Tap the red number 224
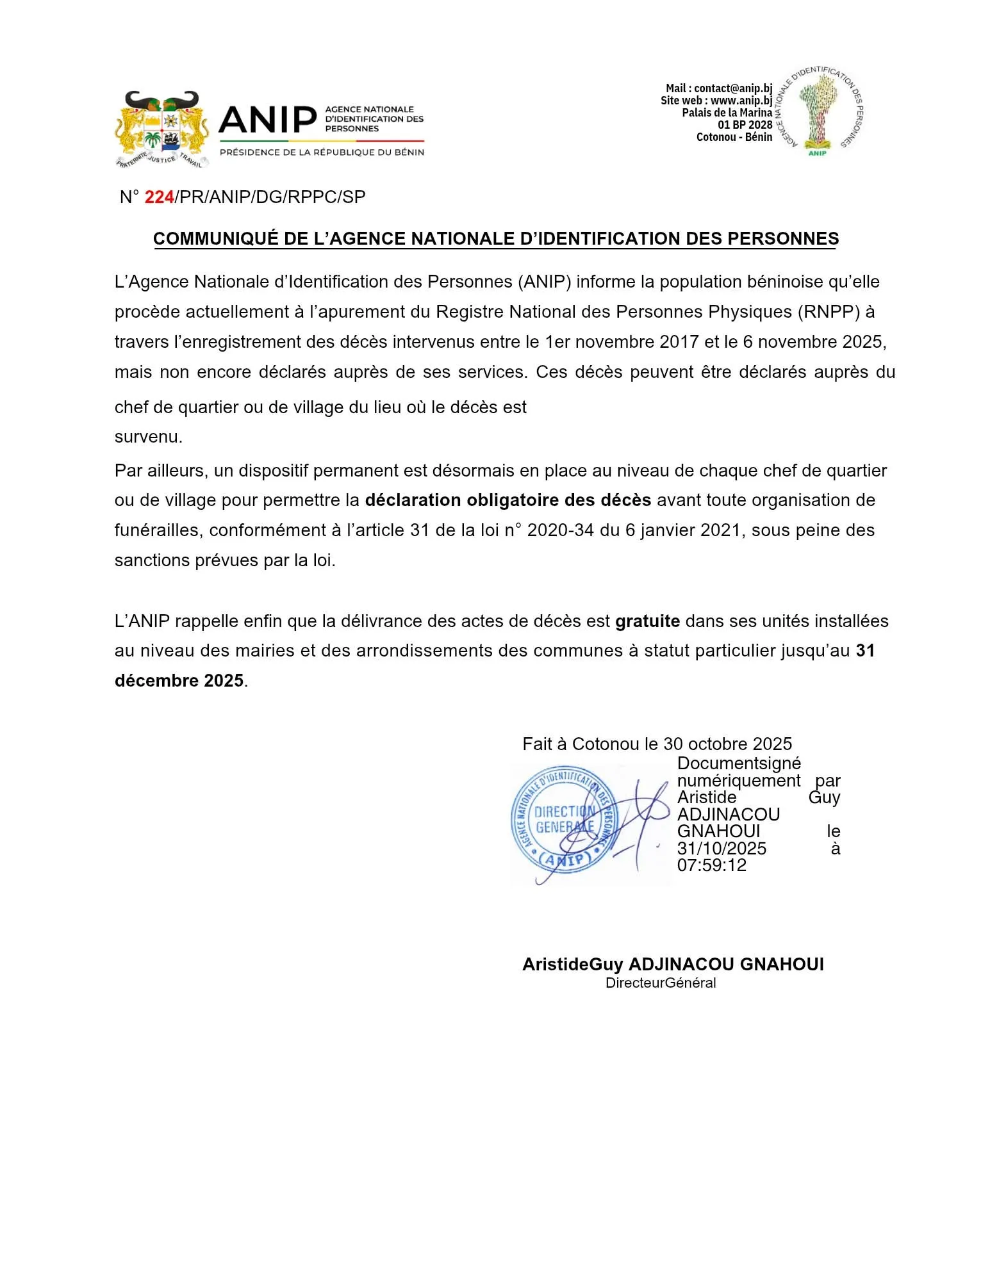coord(159,197)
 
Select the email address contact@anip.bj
coord(733,88)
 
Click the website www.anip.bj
coord(741,101)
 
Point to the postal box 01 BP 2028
coord(745,125)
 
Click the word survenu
coord(148,437)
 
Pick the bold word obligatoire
coord(513,500)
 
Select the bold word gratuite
coord(647,621)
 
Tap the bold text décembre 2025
coord(179,681)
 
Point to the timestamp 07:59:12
coord(711,866)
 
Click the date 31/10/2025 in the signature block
coord(722,849)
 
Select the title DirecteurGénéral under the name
coord(661,983)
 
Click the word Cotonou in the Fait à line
coord(606,744)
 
